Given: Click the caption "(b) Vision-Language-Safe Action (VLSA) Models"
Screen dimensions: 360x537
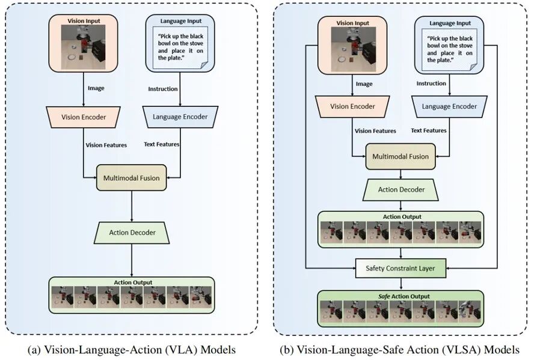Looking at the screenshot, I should pos(399,350).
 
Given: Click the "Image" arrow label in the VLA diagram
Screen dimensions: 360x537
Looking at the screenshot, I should pos(96,88).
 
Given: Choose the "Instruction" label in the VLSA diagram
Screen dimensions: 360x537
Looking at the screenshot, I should pos(431,84).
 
